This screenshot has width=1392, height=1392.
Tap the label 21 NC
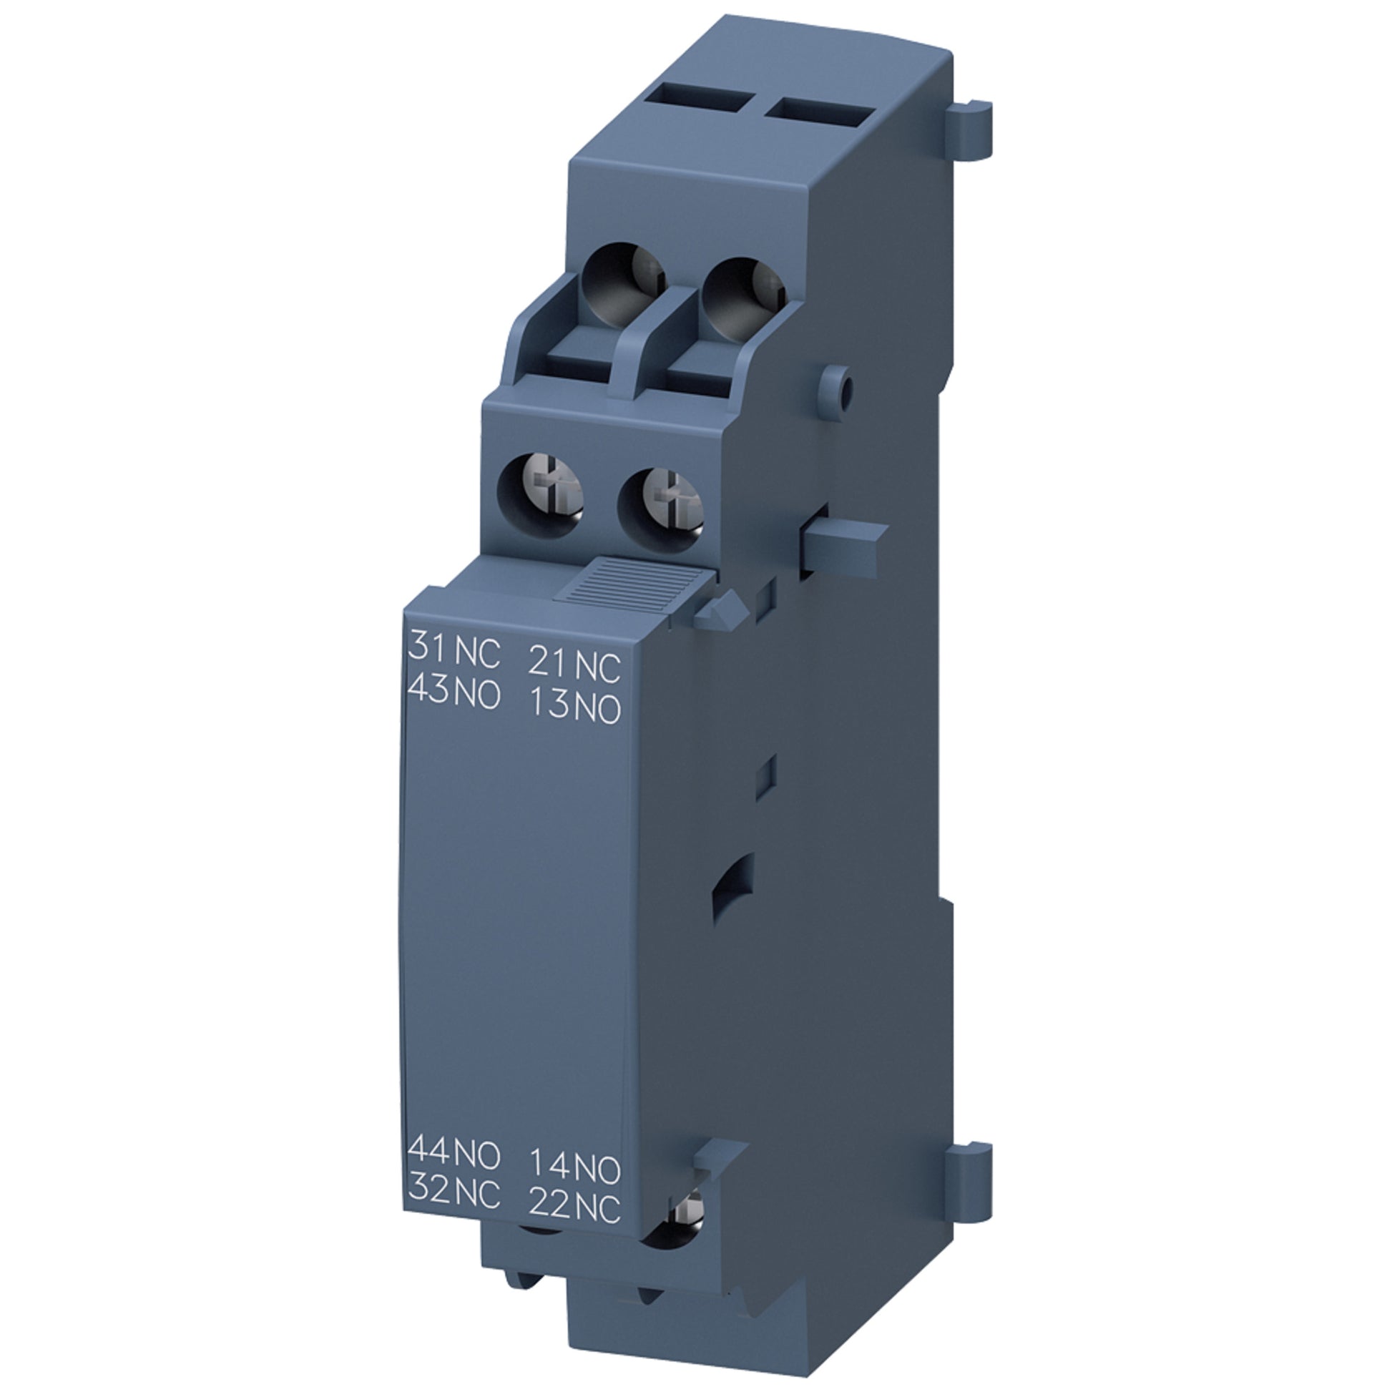[574, 665]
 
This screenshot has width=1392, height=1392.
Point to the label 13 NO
[574, 707]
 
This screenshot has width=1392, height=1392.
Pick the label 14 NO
[574, 1167]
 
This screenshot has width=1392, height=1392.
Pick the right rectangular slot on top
[819, 112]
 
